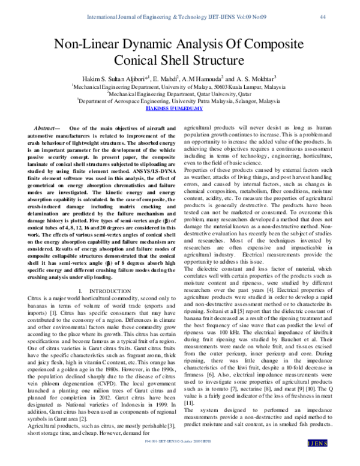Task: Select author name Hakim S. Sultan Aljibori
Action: click(x=113, y=79)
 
